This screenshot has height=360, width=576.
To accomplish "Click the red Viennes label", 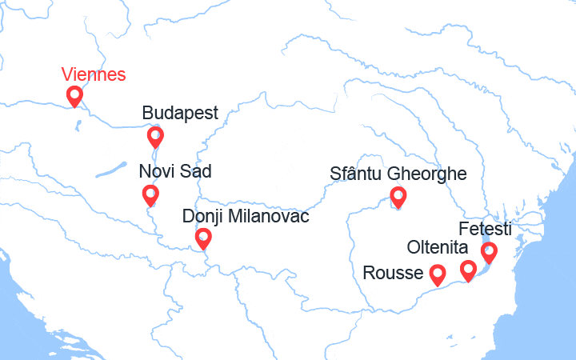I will tap(94, 75).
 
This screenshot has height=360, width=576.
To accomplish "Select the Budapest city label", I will tap(180, 113).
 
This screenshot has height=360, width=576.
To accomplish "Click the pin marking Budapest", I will tap(155, 137).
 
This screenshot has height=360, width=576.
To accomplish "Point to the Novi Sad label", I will tap(175, 171).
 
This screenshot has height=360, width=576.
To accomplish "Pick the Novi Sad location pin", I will tap(150, 194).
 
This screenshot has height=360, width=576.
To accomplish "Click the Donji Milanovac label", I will tap(245, 216).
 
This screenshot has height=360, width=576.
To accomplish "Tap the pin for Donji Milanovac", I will tap(203, 238).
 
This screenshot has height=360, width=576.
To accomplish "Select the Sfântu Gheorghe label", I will tap(398, 174).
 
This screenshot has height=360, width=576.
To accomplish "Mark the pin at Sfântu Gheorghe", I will tap(398, 196).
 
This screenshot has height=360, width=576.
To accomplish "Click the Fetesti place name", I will tap(486, 229).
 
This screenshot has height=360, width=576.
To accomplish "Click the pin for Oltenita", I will tap(469, 270).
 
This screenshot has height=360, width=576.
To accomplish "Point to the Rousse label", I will tap(393, 273).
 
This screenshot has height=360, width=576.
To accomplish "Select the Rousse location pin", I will tap(438, 274).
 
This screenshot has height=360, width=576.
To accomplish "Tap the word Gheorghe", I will tap(428, 174).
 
